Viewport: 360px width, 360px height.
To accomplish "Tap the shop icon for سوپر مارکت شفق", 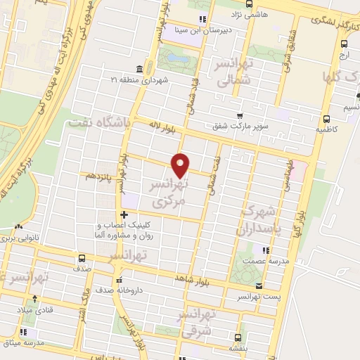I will (x=240, y=116).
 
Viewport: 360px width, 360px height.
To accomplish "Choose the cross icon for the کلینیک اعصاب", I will (x=124, y=214).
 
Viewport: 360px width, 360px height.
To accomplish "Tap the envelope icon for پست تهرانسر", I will (x=259, y=286).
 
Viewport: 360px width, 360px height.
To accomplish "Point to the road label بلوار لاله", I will (x=162, y=126).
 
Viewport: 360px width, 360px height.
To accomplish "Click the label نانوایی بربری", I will (x=27, y=239).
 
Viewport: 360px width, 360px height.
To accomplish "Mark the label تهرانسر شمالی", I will (x=233, y=78).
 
